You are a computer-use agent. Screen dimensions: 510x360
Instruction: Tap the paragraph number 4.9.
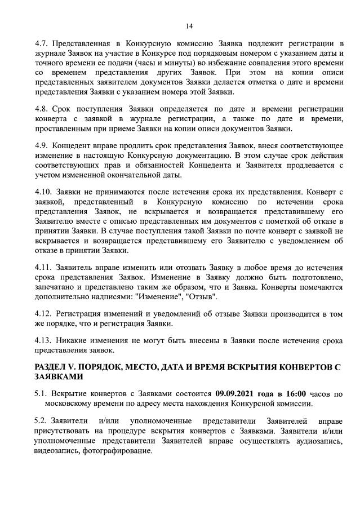[41, 145]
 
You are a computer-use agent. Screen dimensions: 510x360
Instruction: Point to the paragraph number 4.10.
[42, 192]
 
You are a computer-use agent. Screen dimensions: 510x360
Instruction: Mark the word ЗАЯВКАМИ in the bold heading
[59, 377]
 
